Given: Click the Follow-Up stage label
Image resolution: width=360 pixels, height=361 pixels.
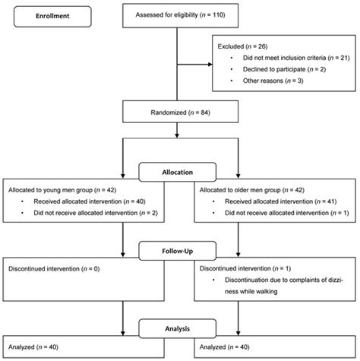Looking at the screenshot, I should [x=180, y=251].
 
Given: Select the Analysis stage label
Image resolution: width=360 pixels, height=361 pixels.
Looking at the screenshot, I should [x=180, y=329].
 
